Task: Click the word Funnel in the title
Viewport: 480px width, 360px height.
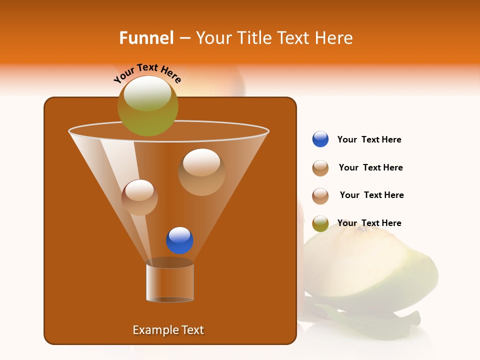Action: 146,38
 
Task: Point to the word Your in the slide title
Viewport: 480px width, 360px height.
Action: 213,38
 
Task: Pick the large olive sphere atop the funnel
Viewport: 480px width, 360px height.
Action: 148,106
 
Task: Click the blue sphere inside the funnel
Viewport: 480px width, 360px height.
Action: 179,240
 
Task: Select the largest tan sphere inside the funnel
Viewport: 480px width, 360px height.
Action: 201,172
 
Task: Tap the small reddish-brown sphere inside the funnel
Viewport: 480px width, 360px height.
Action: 139,197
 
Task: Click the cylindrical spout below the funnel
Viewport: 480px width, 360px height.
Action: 170,282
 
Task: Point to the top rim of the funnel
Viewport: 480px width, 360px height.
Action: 168,131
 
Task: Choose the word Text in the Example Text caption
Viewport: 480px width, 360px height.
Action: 192,330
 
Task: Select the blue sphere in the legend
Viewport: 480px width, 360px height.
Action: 320,139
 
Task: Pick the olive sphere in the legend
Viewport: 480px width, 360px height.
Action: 320,223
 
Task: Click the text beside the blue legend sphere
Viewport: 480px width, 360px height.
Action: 369,139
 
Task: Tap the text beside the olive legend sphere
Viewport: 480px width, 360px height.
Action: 369,223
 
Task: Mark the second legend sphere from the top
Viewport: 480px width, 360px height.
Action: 320,168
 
